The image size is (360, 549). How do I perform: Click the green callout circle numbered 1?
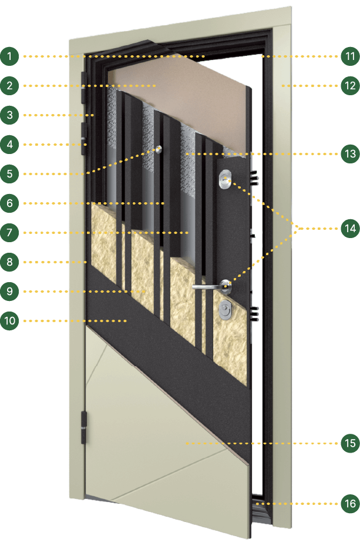(9, 56)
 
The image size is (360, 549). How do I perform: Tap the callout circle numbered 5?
(9, 173)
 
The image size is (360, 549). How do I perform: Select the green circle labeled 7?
(9, 233)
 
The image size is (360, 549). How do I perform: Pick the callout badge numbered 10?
(9, 321)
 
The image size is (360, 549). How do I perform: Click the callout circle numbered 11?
(350, 56)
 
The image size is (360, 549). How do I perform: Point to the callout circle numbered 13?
(350, 153)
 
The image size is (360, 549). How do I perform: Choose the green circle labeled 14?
(350, 229)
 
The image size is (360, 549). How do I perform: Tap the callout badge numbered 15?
(350, 443)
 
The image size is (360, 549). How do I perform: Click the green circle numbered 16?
(350, 504)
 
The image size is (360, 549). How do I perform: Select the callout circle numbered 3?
(9, 115)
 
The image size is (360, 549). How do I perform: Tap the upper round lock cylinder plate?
(224, 179)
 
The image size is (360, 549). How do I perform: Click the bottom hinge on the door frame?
(84, 428)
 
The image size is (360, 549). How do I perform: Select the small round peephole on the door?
(159, 149)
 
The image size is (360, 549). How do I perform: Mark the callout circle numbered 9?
(9, 292)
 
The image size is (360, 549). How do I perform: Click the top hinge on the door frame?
(83, 88)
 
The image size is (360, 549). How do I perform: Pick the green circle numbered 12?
(350, 86)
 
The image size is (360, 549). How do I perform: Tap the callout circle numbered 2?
(9, 86)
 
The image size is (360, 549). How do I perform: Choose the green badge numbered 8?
(9, 262)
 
